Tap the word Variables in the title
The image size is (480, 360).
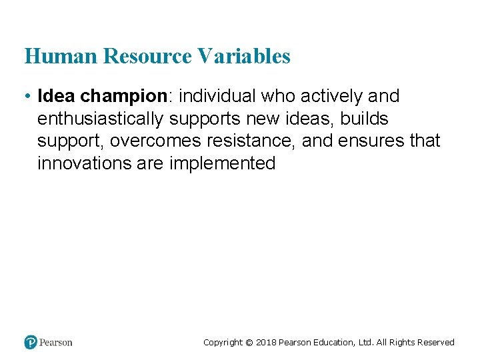point(245,56)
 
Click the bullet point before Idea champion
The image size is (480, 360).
point(27,97)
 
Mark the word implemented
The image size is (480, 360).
point(223,164)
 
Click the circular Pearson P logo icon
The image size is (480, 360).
point(31,342)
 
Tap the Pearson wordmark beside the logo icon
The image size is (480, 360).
point(56,342)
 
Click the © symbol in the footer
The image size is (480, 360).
point(249,343)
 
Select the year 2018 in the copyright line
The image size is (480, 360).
point(266,343)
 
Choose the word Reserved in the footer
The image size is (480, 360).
point(435,343)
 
